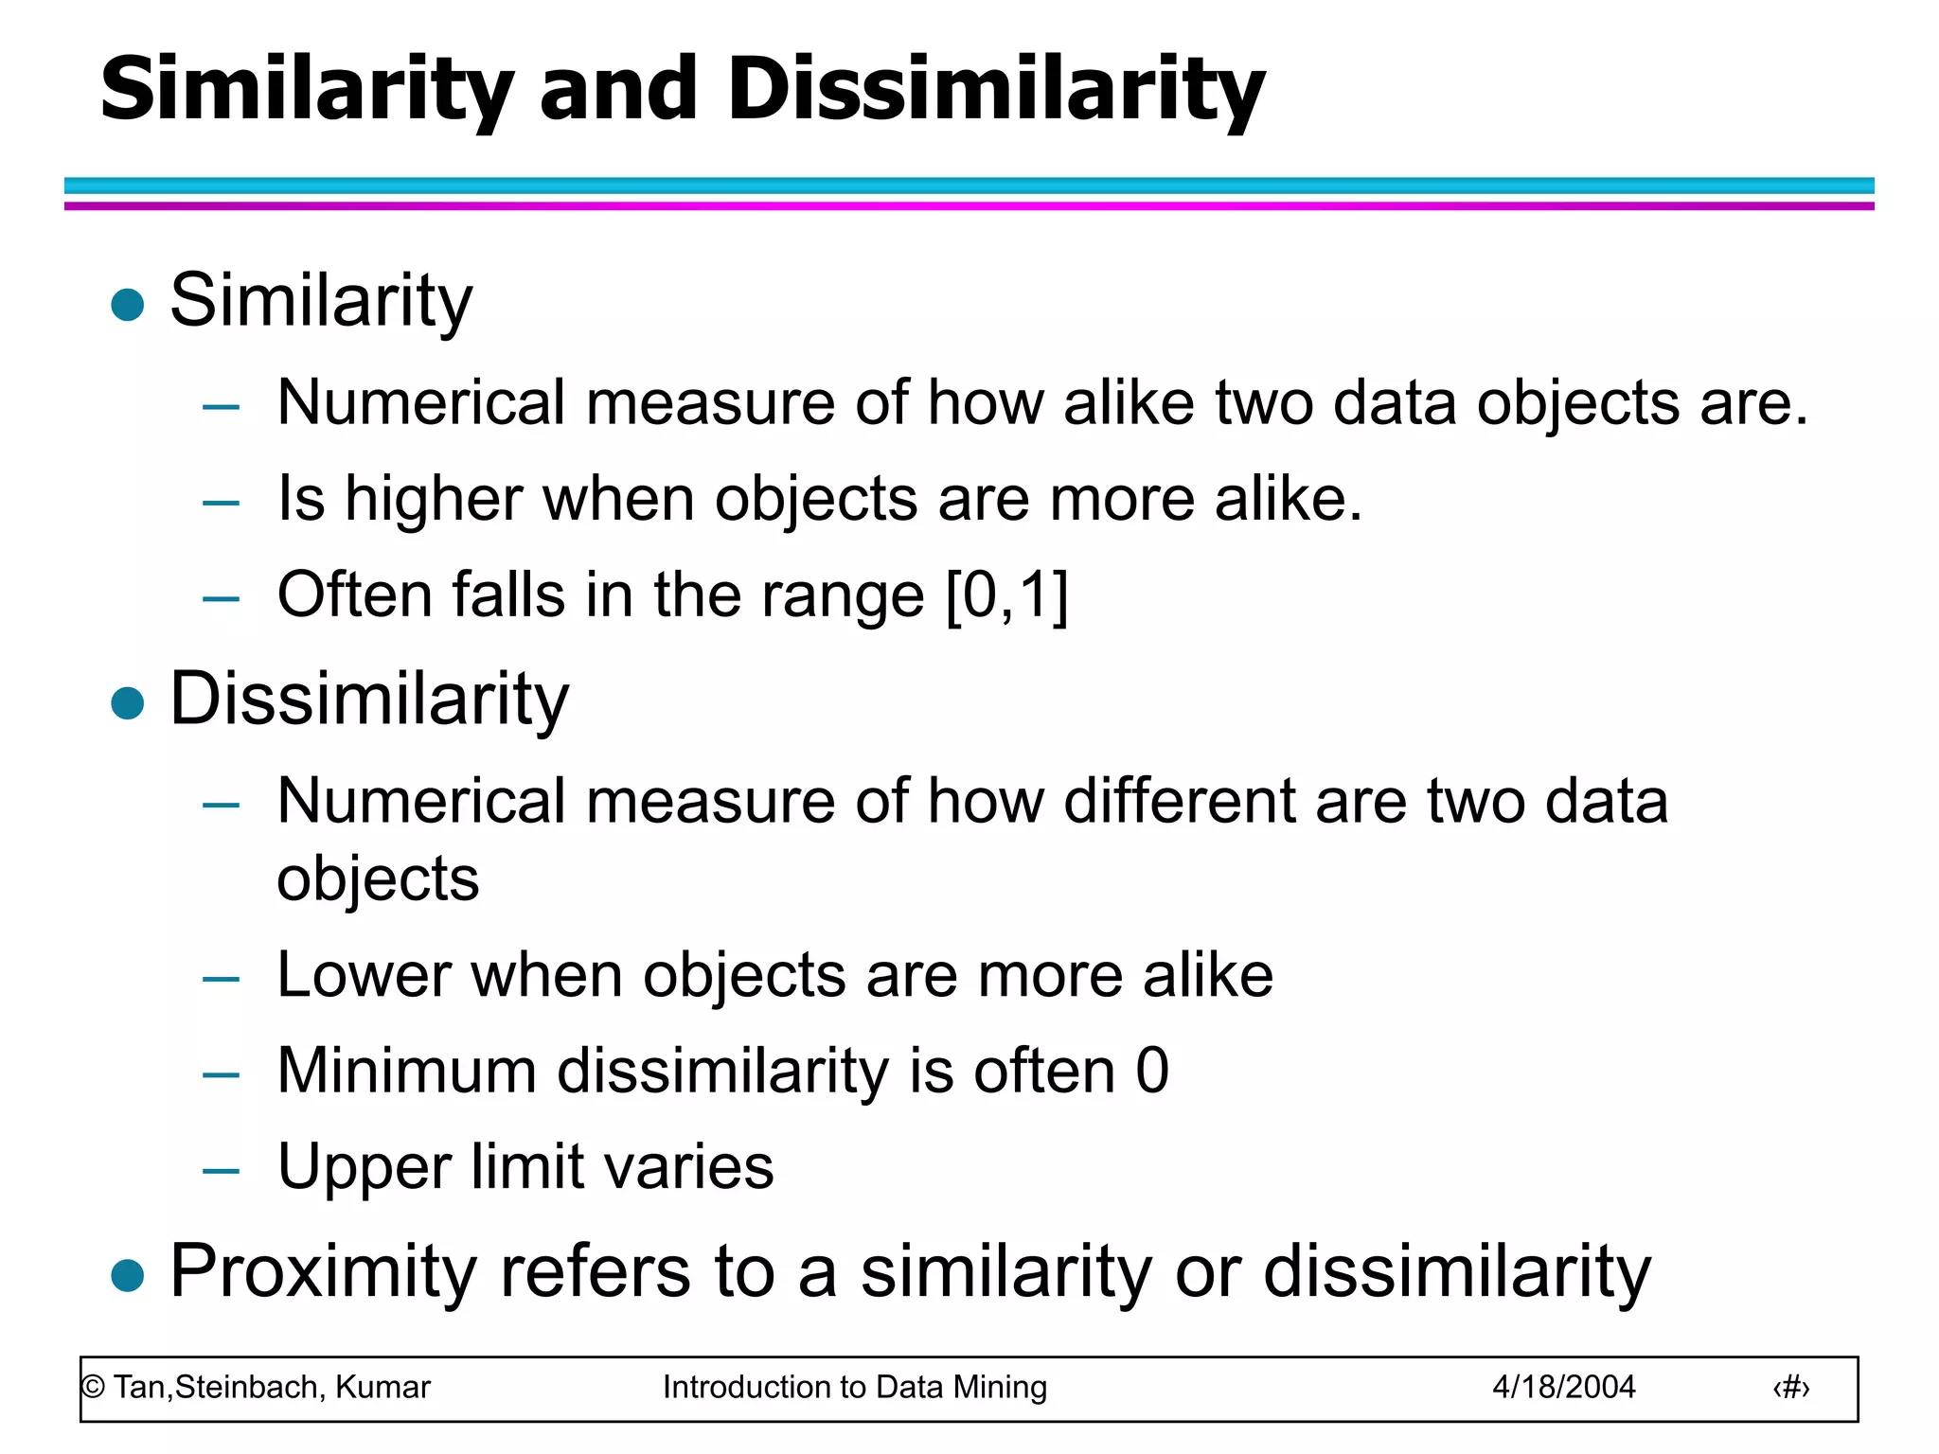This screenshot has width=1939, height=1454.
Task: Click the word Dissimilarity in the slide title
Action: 996,90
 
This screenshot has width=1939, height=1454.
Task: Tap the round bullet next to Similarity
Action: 127,305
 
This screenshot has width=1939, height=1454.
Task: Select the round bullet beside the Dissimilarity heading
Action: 127,703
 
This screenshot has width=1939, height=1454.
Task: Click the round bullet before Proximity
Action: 127,1275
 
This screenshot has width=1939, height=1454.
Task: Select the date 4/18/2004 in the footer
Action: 1563,1387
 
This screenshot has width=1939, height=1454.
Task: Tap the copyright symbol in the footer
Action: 93,1388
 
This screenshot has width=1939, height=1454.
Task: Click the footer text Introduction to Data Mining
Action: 854,1387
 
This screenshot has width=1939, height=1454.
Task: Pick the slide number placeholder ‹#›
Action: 1790,1388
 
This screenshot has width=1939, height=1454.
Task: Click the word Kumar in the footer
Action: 382,1387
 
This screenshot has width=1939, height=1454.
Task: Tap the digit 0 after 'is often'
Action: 1152,1071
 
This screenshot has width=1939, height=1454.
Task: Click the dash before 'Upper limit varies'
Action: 221,1170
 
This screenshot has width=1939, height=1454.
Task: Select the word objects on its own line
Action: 378,879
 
